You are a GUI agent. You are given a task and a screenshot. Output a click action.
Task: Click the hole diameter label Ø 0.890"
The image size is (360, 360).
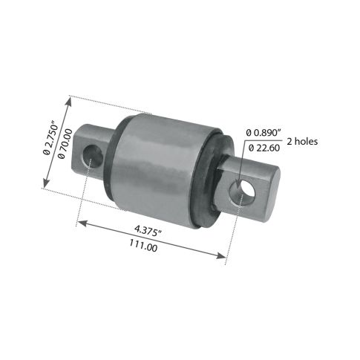tap(264, 133)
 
